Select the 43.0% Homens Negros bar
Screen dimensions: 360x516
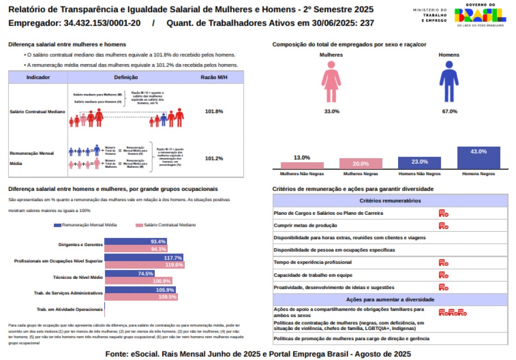pos(479,158)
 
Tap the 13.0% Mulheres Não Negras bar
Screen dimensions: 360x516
pos(302,165)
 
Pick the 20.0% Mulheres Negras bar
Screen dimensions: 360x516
pos(361,163)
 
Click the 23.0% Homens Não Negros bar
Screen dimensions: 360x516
pos(420,163)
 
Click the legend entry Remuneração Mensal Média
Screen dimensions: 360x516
pos(85,225)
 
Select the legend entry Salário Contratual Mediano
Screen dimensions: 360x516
pos(166,225)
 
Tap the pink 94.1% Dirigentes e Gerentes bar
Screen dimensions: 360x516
pos(136,249)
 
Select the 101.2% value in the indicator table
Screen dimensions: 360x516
pos(214,159)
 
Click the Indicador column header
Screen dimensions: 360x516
pos(38,77)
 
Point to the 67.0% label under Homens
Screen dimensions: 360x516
pos(449,112)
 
